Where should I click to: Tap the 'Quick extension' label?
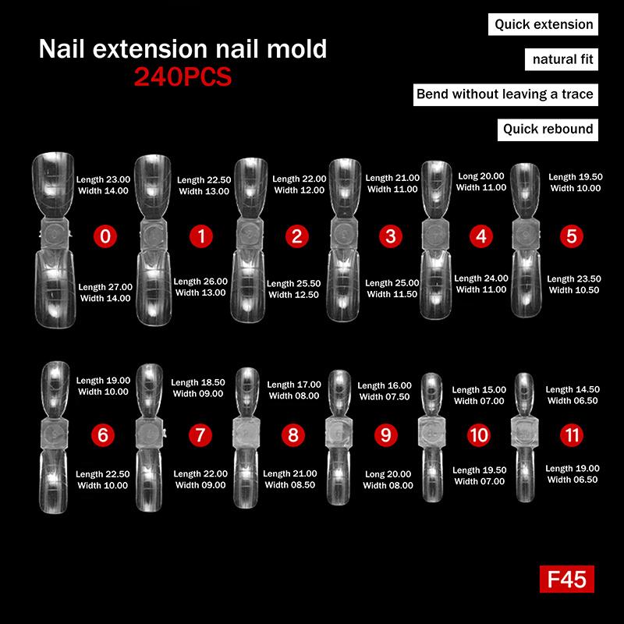click(544, 24)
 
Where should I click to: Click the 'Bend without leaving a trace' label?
click(505, 94)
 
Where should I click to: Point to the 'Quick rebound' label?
click(548, 129)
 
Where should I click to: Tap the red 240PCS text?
click(183, 77)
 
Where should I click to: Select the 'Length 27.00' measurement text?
click(106, 287)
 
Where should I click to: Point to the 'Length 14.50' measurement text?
click(573, 389)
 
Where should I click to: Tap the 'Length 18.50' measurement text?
click(198, 383)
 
